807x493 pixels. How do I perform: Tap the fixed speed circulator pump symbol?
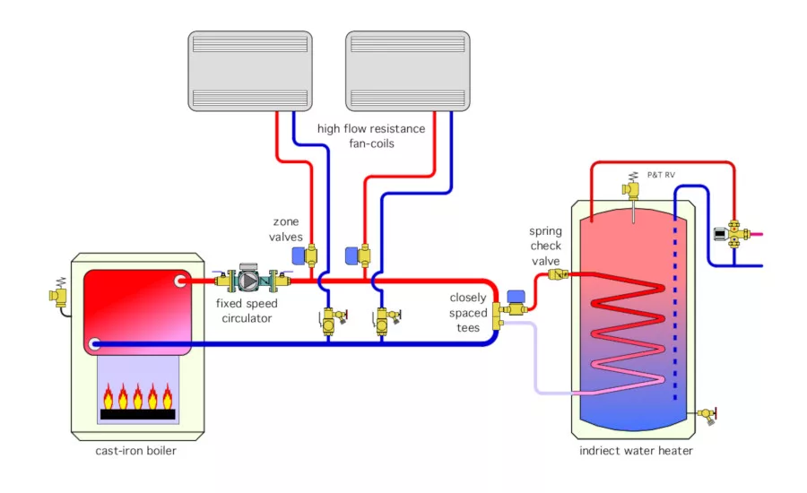pos(248,281)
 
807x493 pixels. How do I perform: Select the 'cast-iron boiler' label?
pos(136,451)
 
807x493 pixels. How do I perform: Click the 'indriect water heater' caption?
pos(636,451)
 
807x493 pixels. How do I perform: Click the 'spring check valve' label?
pos(545,246)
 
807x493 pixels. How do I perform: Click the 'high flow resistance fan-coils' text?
pos(371,136)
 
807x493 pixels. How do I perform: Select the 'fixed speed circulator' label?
pos(247,310)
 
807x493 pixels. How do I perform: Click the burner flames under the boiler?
pos(137,397)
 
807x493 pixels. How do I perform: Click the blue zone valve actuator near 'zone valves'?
pos(299,255)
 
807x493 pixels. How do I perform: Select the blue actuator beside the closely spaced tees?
pos(516,297)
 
